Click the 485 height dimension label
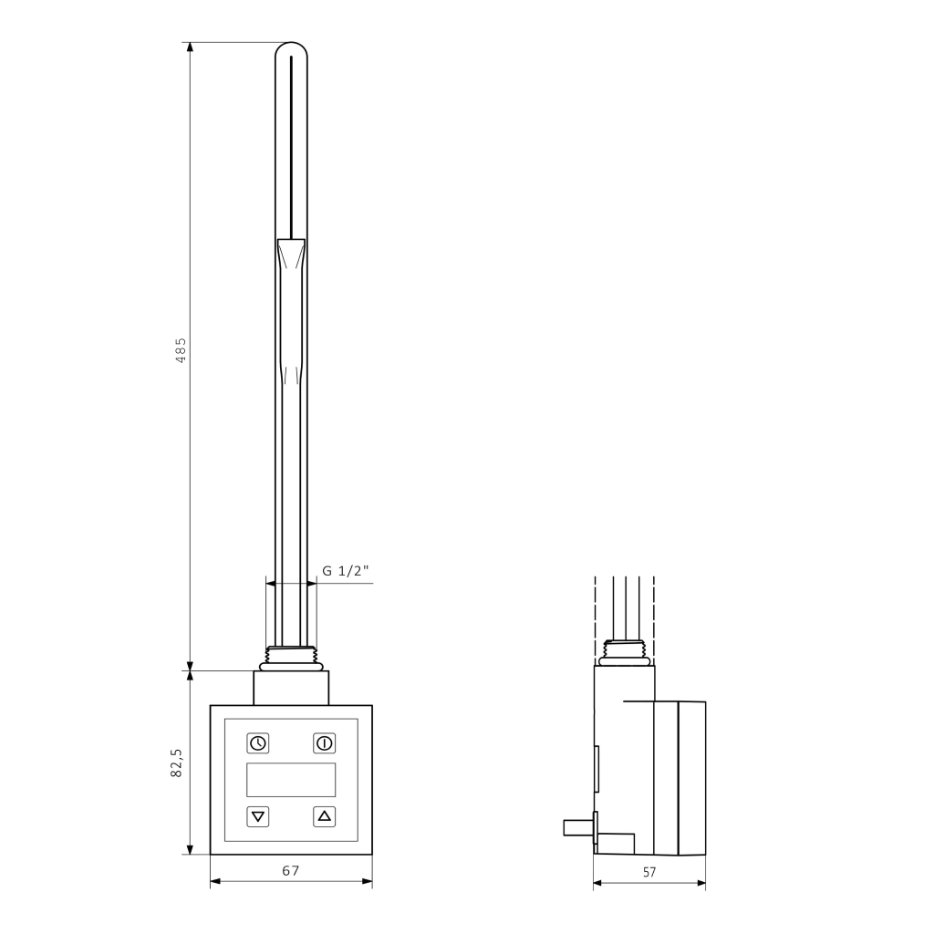point(181,350)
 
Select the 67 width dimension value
point(290,871)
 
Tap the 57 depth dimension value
point(649,872)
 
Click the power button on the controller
point(324,742)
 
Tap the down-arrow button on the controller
point(258,816)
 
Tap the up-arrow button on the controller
point(324,816)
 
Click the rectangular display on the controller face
point(291,780)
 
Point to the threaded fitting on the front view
point(291,653)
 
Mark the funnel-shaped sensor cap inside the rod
point(291,251)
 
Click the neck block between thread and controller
point(291,686)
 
